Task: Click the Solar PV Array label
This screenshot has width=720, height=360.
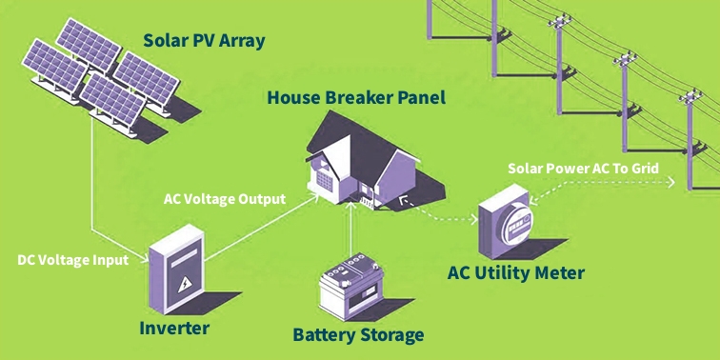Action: point(203,41)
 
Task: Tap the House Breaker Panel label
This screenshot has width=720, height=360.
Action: point(355,97)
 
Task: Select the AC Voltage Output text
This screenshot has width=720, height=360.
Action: point(225,200)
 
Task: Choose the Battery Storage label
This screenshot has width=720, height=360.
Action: point(358,334)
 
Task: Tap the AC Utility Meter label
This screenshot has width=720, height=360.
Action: point(515,273)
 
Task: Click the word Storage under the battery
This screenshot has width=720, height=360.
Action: point(390,334)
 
